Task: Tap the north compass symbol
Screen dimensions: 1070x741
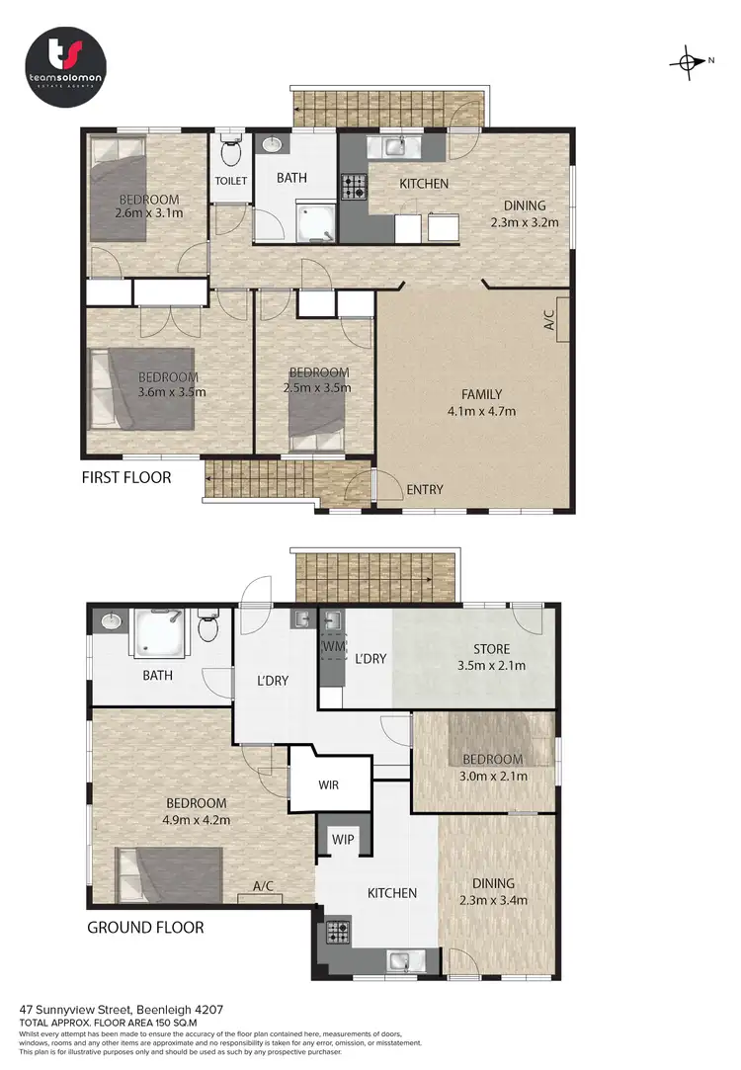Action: point(689,61)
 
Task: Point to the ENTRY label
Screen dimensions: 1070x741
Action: point(424,490)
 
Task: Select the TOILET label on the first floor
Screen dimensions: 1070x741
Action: point(232,181)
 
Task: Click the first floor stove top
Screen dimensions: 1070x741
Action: point(354,186)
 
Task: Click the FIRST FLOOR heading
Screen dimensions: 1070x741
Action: point(126,478)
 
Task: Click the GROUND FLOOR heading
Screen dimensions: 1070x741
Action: point(145,928)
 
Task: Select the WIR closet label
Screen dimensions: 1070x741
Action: point(330,785)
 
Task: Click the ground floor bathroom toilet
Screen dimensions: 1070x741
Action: point(208,627)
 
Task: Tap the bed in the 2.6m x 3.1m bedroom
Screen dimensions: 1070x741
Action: point(118,189)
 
